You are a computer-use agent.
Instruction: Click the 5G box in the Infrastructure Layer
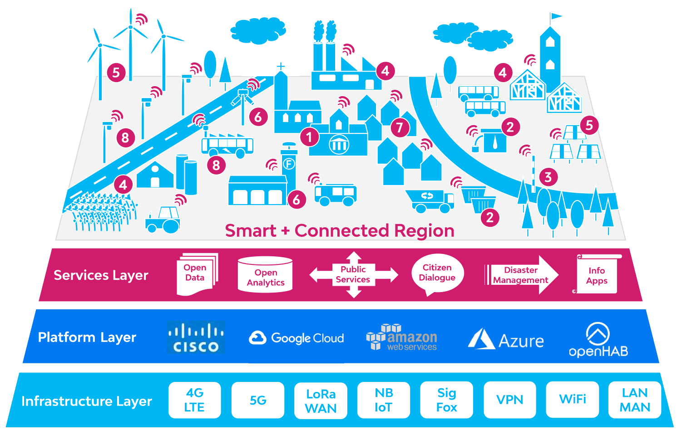pyautogui.click(x=257, y=400)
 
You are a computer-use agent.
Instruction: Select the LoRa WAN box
pyautogui.click(x=321, y=401)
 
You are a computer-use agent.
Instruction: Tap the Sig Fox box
pyautogui.click(x=446, y=400)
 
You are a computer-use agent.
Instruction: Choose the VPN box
pyautogui.click(x=509, y=400)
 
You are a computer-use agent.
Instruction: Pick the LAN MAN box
pyautogui.click(x=635, y=400)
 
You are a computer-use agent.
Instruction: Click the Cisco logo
pyautogui.click(x=196, y=337)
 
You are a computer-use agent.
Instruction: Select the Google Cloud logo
pyautogui.click(x=296, y=338)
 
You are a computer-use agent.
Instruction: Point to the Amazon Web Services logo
pyautogui.click(x=401, y=337)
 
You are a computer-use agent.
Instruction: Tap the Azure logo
pyautogui.click(x=506, y=340)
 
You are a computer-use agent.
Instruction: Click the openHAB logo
pyautogui.click(x=598, y=340)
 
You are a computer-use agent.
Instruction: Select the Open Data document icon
pyautogui.click(x=196, y=274)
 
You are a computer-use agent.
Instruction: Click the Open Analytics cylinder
pyautogui.click(x=265, y=275)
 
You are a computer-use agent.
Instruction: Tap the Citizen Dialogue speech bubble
pyautogui.click(x=437, y=274)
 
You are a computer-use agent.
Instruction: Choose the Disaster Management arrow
pyautogui.click(x=521, y=275)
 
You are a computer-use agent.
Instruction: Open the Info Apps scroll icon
pyautogui.click(x=597, y=275)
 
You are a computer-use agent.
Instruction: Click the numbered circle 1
pyautogui.click(x=309, y=137)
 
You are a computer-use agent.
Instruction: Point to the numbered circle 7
pyautogui.click(x=400, y=127)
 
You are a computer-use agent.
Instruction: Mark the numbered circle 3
pyautogui.click(x=548, y=177)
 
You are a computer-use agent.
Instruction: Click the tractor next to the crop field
pyautogui.click(x=163, y=220)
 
